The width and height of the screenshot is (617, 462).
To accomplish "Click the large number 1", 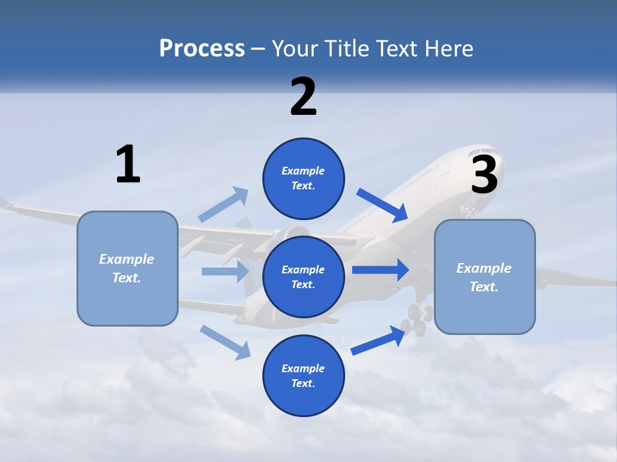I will click(x=128, y=164).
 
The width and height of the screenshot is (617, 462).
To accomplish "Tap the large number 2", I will click(x=303, y=97).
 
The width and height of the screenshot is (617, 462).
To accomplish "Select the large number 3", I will click(x=485, y=175).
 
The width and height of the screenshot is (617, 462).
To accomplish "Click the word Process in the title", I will click(x=202, y=48).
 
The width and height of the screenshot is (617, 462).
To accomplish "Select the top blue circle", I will click(x=303, y=178).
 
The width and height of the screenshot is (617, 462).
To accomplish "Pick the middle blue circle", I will click(x=303, y=277).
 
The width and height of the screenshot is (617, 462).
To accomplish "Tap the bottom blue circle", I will click(x=303, y=375).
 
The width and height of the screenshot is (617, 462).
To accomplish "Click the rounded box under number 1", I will click(x=127, y=268).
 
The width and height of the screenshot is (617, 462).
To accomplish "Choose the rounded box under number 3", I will click(x=485, y=277).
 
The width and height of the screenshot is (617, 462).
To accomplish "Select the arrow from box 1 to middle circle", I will click(x=225, y=271).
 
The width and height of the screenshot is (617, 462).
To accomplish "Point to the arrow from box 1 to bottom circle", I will click(x=226, y=341).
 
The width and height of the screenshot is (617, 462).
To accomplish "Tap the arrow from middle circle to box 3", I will click(x=380, y=269).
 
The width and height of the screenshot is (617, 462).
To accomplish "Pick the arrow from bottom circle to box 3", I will click(x=379, y=340).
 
